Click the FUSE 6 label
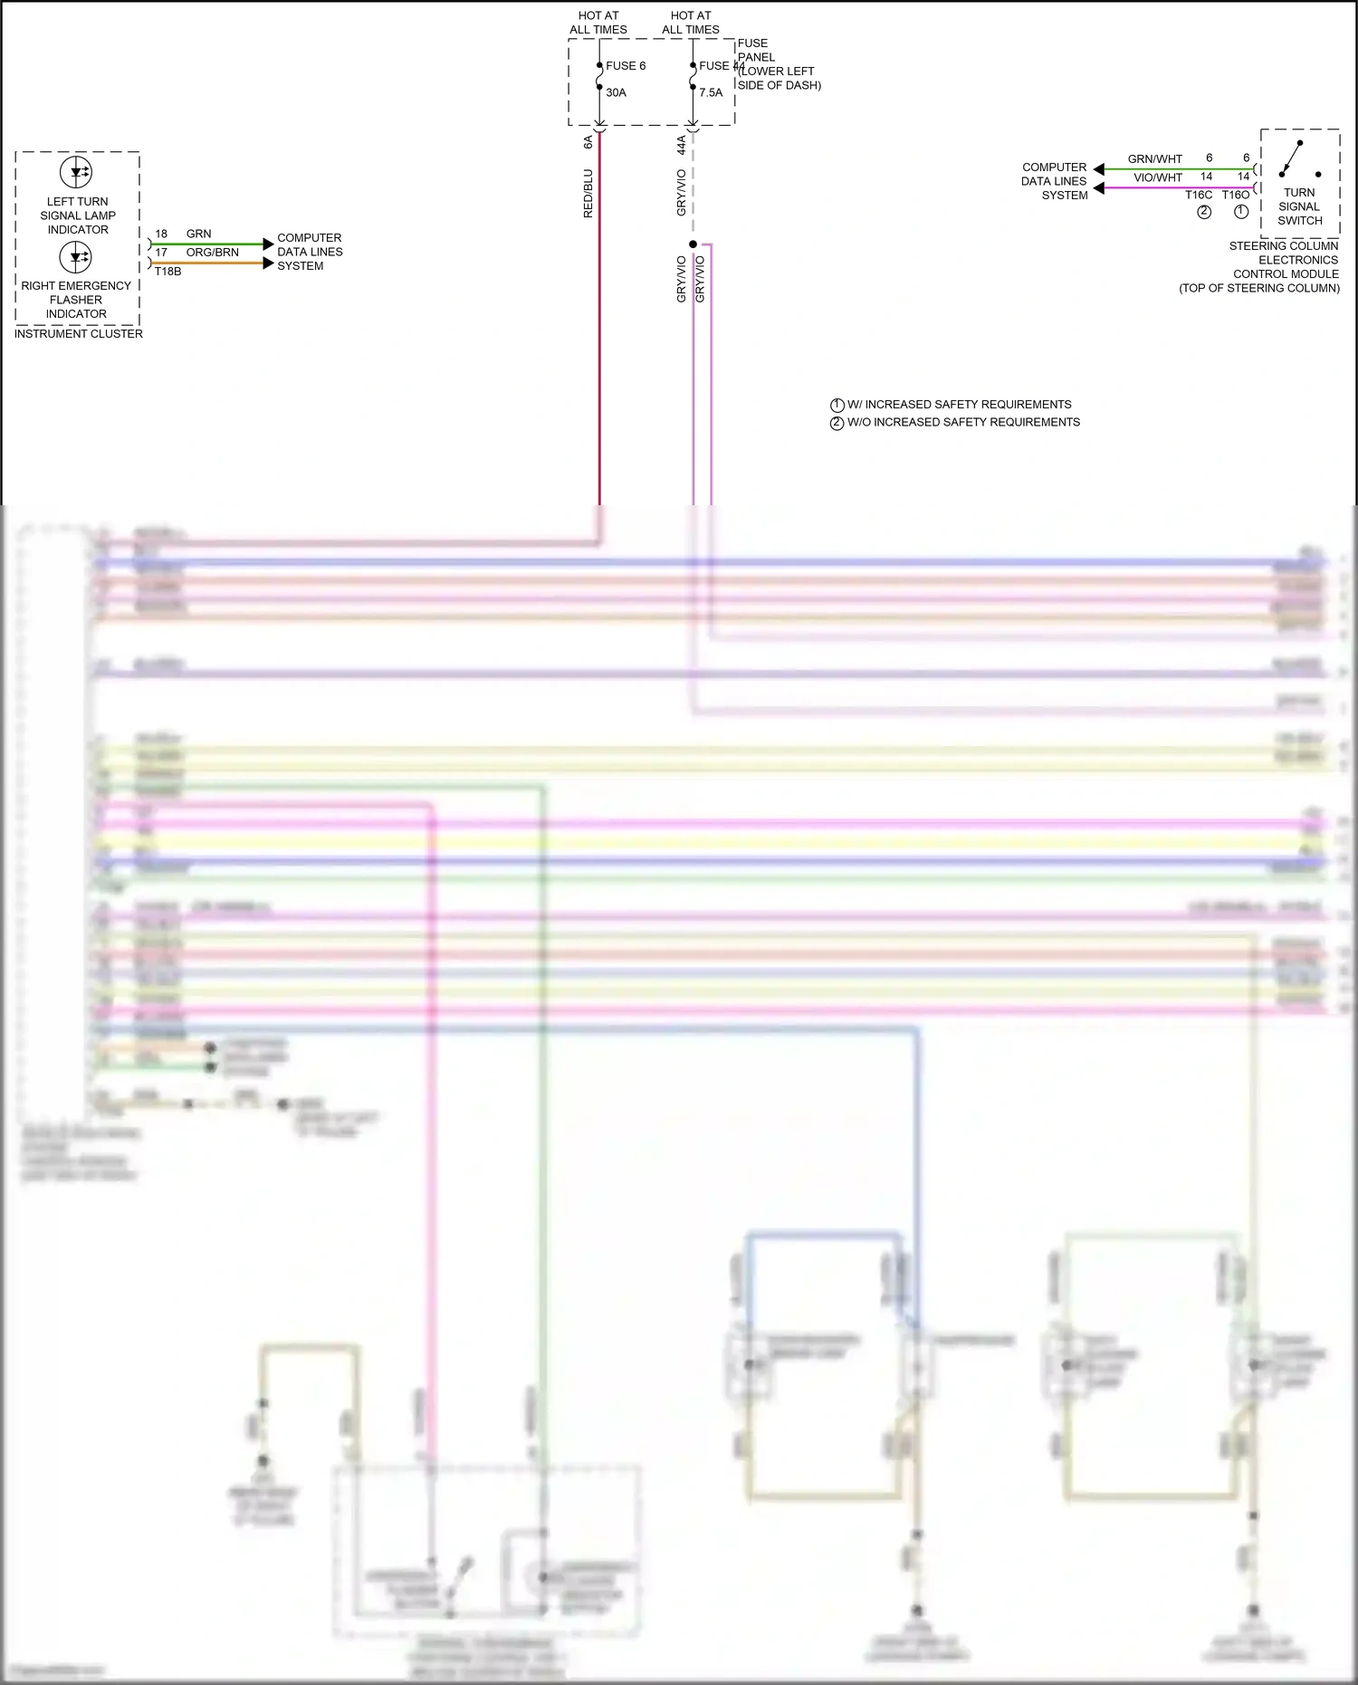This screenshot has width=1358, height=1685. [626, 66]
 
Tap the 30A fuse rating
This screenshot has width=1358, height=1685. [616, 92]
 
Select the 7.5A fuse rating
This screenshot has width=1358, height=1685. [711, 92]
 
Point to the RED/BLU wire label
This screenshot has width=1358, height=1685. [588, 193]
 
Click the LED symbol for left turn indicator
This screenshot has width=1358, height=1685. [76, 172]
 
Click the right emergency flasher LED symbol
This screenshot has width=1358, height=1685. [76, 257]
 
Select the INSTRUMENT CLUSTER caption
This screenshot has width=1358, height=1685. [79, 334]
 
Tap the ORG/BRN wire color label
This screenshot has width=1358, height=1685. [213, 253]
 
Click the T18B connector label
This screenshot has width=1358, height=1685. [167, 272]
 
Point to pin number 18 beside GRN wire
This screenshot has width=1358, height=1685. [161, 234]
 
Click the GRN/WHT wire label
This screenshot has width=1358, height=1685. [1154, 159]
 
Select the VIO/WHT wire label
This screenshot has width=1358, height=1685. [1158, 177]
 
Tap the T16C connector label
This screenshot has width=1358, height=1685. [1199, 195]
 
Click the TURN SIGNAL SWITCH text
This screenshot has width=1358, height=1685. [1299, 206]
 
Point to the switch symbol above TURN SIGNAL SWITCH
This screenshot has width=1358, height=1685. [1296, 159]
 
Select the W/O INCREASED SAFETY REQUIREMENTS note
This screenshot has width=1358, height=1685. [962, 422]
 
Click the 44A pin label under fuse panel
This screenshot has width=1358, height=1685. [682, 145]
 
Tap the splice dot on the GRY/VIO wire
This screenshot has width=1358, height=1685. [693, 244]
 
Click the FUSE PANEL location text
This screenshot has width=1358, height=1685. [779, 64]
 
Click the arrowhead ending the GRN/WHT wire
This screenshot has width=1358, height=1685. [1098, 169]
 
